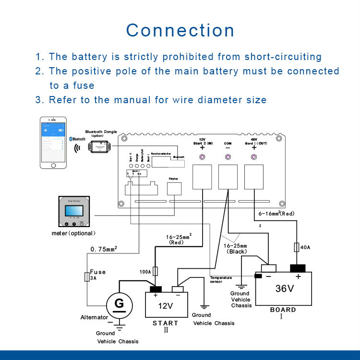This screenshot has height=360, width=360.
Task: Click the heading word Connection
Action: (180, 30)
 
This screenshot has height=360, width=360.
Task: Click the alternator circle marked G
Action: (118, 303)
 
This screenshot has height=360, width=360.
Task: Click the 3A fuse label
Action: (93, 277)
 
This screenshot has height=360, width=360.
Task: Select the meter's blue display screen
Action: (74, 211)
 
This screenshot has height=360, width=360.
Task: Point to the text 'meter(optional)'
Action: (73, 233)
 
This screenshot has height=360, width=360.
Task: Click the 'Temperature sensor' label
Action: (221, 280)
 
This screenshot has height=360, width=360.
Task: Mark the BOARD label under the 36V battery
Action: (283, 310)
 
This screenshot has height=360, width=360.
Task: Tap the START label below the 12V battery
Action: (166, 323)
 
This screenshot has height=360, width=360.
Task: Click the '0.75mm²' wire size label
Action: (104, 249)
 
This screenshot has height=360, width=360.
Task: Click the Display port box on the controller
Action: (173, 188)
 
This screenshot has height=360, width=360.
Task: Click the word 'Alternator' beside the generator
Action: (94, 318)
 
